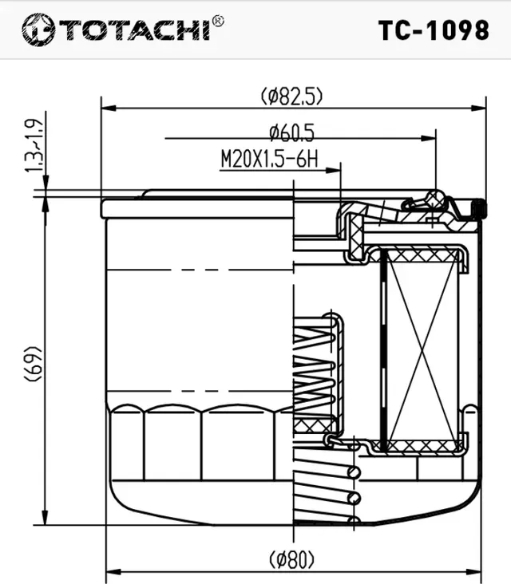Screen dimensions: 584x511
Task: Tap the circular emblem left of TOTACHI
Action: pos(38,30)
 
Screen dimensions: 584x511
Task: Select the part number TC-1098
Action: pos(433,30)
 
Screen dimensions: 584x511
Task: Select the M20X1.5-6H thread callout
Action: pos(268,160)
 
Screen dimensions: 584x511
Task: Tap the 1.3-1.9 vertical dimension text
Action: pos(34,145)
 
